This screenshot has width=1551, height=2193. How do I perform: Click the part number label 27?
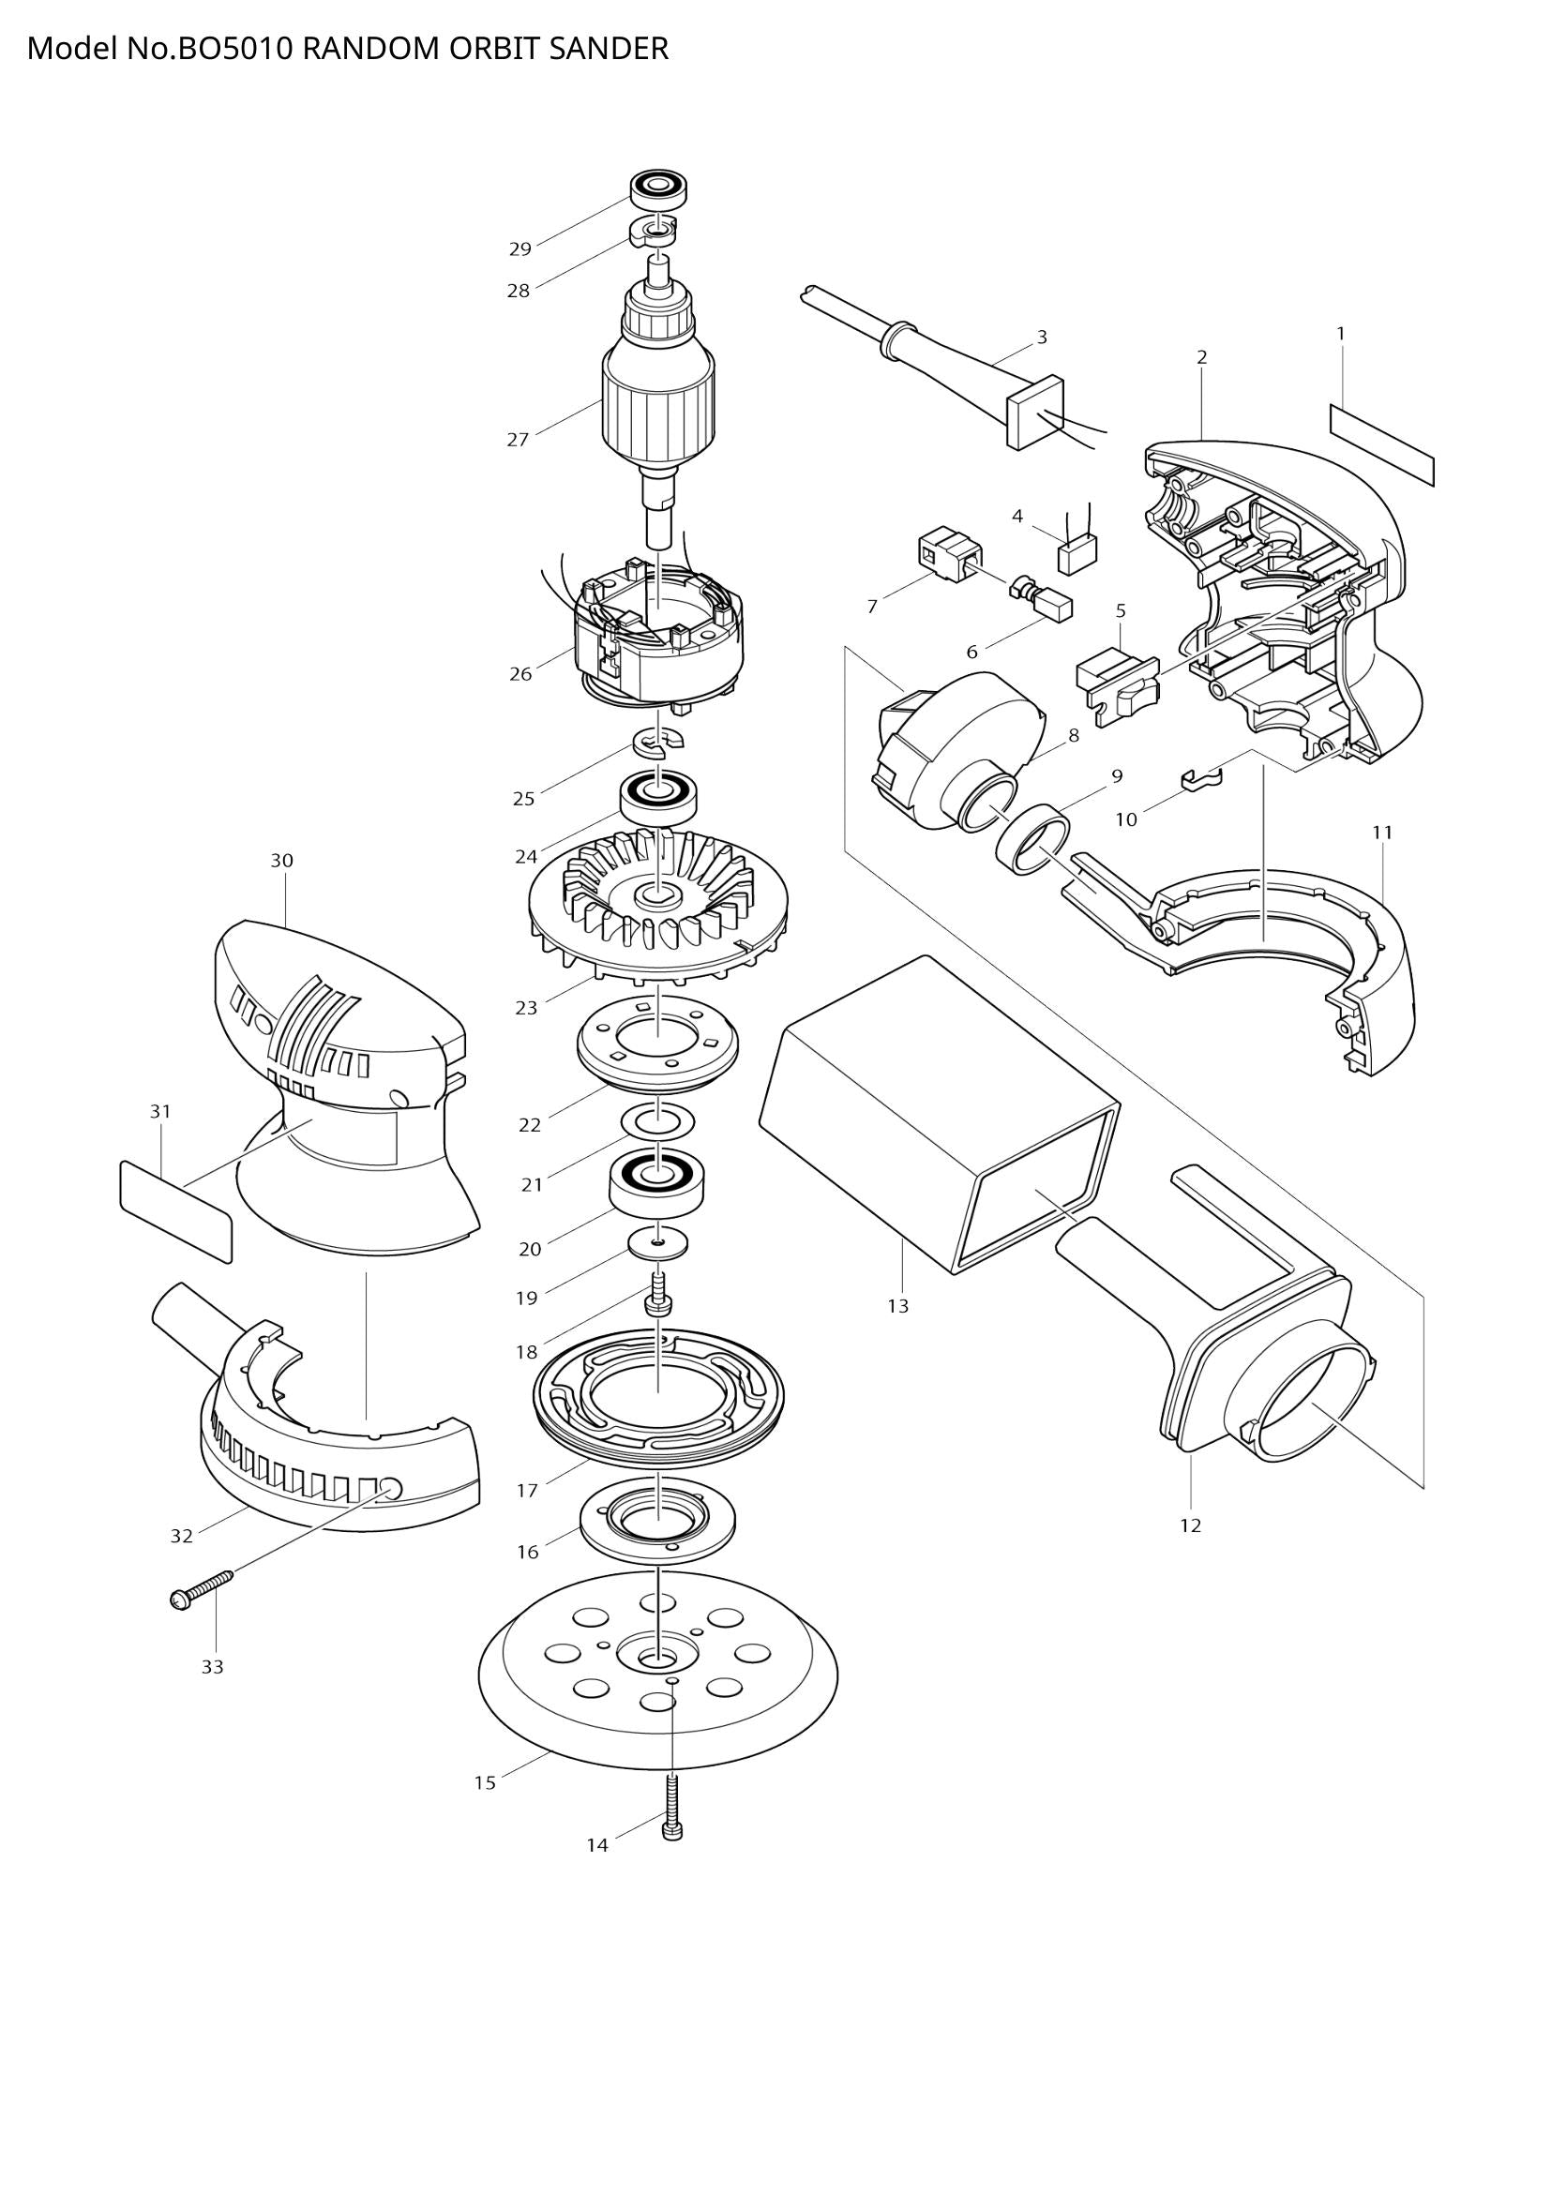(517, 441)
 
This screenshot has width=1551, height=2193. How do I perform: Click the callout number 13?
(897, 1306)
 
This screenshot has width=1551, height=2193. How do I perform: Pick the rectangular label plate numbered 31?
(175, 1211)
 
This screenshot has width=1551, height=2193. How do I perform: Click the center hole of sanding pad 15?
(658, 1659)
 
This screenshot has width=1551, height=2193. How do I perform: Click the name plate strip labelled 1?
(1382, 443)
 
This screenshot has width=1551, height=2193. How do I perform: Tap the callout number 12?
(1189, 1525)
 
